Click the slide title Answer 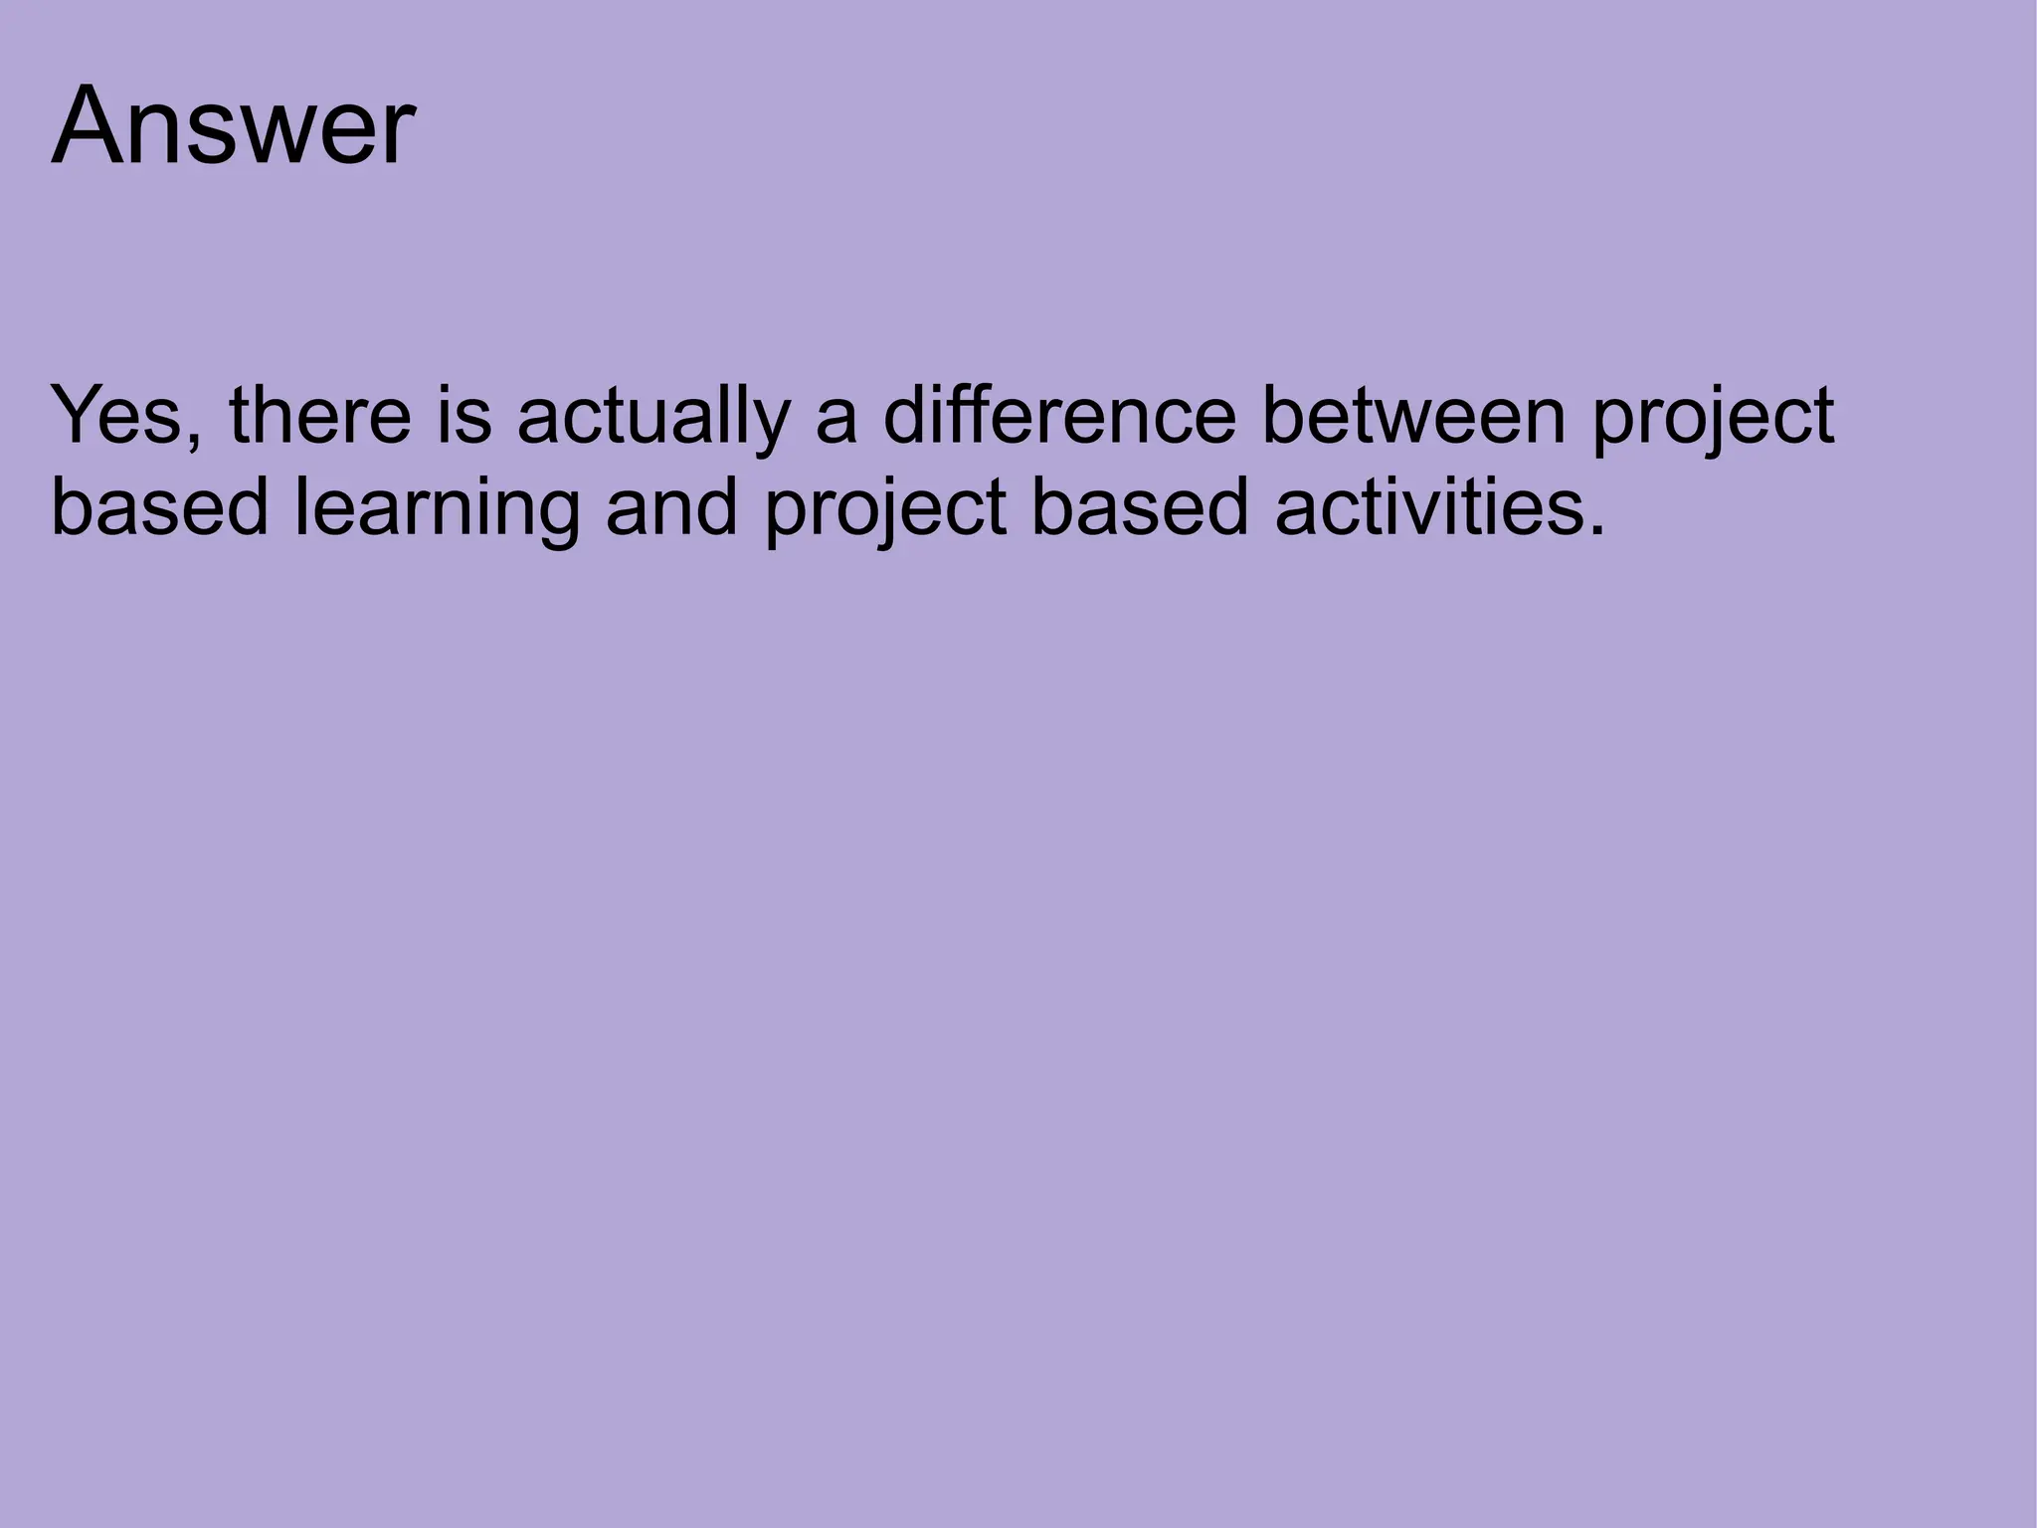tap(233, 127)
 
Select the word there tap(320, 416)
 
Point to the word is tap(463, 416)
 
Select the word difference tap(1060, 416)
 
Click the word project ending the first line tap(1712, 420)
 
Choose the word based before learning tap(159, 507)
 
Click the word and tap(672, 507)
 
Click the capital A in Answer tap(87, 127)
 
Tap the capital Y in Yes tap(78, 416)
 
